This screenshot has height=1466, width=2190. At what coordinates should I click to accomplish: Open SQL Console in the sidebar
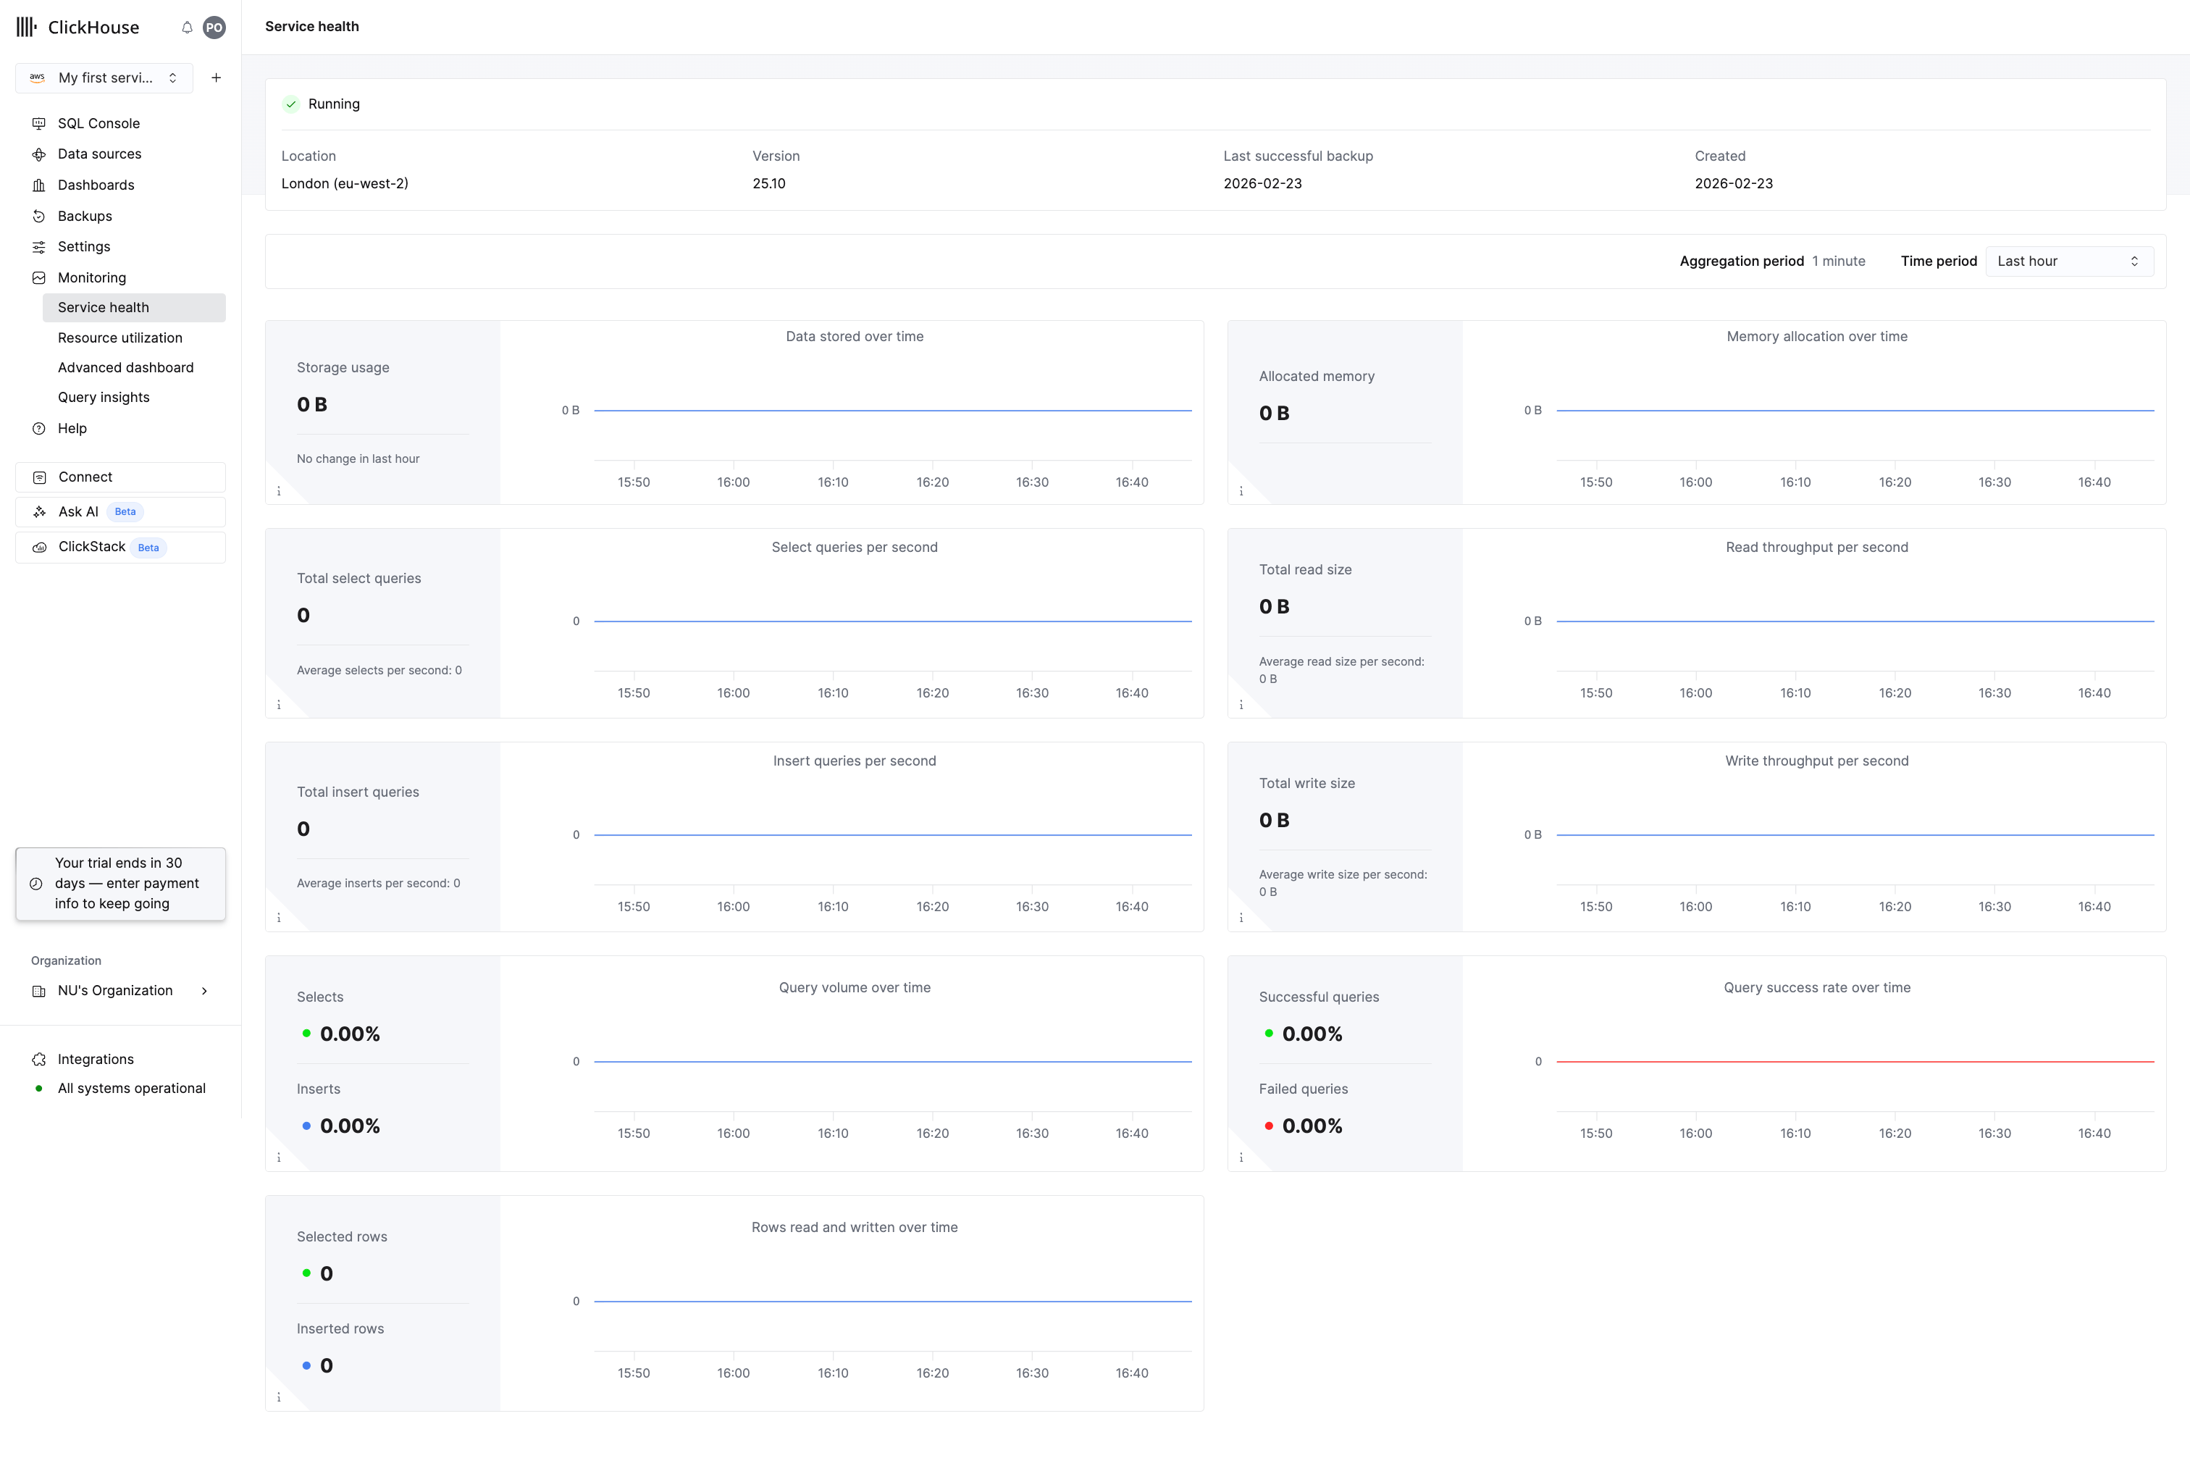click(98, 123)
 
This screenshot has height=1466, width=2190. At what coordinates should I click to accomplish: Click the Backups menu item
click(84, 216)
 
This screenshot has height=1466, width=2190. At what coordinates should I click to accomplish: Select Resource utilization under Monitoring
click(119, 338)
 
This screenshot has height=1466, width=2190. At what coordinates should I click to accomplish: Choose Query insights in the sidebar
click(104, 398)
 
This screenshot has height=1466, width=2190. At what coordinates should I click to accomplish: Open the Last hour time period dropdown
click(2068, 261)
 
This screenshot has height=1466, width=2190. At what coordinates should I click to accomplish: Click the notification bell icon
click(187, 27)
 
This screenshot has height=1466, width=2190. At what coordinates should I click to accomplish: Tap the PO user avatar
click(214, 27)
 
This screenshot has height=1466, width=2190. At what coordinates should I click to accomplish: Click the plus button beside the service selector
click(216, 78)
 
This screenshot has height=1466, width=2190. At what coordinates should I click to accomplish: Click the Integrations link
click(96, 1059)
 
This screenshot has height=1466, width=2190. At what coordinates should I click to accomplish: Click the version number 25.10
click(769, 183)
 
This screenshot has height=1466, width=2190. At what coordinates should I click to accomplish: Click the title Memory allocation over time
click(1817, 337)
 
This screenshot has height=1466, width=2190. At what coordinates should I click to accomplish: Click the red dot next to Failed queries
click(1268, 1126)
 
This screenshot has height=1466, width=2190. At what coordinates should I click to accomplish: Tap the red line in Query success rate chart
click(1855, 1061)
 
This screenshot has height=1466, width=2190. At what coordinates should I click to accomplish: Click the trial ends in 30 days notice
click(120, 884)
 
